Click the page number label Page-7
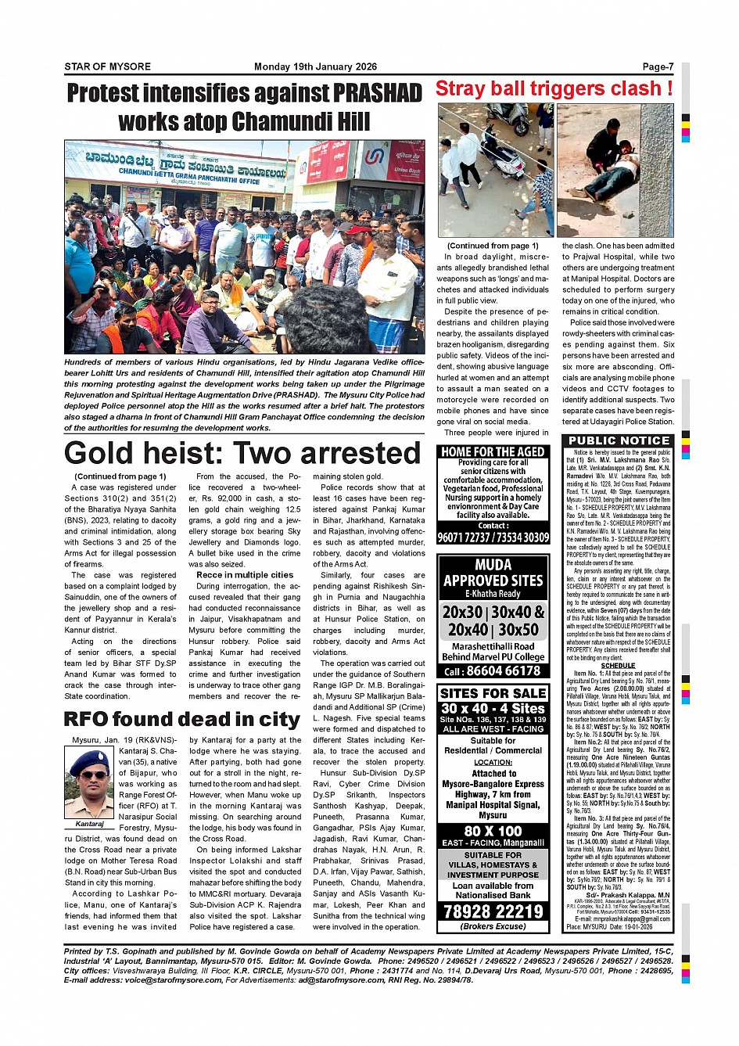pyautogui.click(x=658, y=66)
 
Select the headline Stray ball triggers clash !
pyautogui.click(x=554, y=89)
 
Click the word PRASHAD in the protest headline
pyautogui.click(x=378, y=93)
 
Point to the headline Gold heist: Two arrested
pyautogui.click(x=242, y=453)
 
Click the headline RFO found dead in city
pyautogui.click(x=181, y=720)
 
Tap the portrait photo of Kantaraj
pyautogui.click(x=89, y=782)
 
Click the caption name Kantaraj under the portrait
pyautogui.click(x=89, y=824)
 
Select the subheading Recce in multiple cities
pyautogui.click(x=245, y=575)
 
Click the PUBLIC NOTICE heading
pyautogui.click(x=619, y=441)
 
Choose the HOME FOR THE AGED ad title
pyautogui.click(x=493, y=452)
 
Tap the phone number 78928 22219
pyautogui.click(x=493, y=911)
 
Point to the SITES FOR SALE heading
pyautogui.click(x=493, y=693)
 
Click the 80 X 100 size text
pyautogui.click(x=493, y=831)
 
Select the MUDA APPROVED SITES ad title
pyautogui.click(x=493, y=573)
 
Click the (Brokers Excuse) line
pyautogui.click(x=493, y=926)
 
